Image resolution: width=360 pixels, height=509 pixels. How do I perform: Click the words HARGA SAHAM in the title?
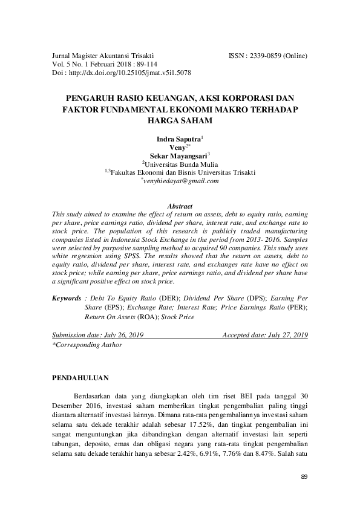click(x=180, y=120)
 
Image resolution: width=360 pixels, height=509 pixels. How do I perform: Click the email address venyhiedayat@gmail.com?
click(x=181, y=181)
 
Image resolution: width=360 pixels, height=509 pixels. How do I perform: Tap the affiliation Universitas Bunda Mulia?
click(x=181, y=164)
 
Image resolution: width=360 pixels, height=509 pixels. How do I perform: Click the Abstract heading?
click(x=180, y=206)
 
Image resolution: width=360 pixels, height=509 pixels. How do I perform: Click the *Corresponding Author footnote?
click(x=87, y=345)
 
